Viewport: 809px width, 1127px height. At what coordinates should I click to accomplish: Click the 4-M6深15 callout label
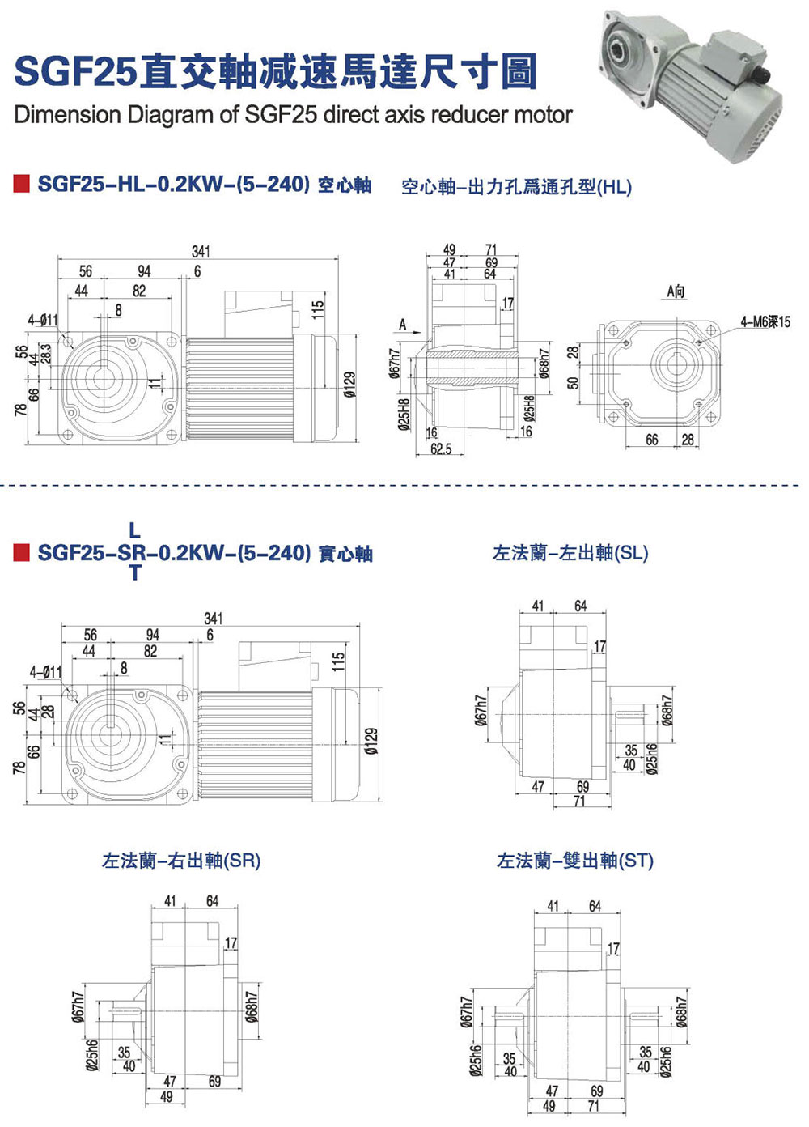pyautogui.click(x=765, y=322)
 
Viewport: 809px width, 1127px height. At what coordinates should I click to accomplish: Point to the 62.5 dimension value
pyautogui.click(x=441, y=449)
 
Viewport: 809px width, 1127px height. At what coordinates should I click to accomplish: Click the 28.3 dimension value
pyautogui.click(x=45, y=353)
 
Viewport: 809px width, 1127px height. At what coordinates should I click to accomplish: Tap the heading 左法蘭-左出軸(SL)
pyautogui.click(x=570, y=553)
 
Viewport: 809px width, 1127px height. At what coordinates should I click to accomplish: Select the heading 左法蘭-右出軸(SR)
pyautogui.click(x=181, y=861)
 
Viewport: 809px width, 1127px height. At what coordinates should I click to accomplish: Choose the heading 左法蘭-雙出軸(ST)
pyautogui.click(x=575, y=861)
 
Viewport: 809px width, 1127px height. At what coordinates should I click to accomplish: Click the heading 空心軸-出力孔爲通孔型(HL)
pyautogui.click(x=516, y=187)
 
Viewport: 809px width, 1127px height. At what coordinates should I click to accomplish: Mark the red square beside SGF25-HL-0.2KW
pyautogui.click(x=22, y=183)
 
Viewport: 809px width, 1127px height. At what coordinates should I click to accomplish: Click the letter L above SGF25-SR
pyautogui.click(x=134, y=531)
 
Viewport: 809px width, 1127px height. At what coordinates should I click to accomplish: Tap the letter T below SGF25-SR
pyautogui.click(x=134, y=573)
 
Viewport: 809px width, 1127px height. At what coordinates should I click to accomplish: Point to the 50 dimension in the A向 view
pyautogui.click(x=573, y=382)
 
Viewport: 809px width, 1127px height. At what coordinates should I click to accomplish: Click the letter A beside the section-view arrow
pyautogui.click(x=402, y=325)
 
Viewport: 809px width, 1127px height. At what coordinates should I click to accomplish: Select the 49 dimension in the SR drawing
pyautogui.click(x=167, y=1097)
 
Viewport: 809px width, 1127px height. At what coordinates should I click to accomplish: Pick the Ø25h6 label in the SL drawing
pyautogui.click(x=652, y=759)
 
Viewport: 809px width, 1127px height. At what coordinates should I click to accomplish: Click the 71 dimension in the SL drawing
pyautogui.click(x=578, y=802)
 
